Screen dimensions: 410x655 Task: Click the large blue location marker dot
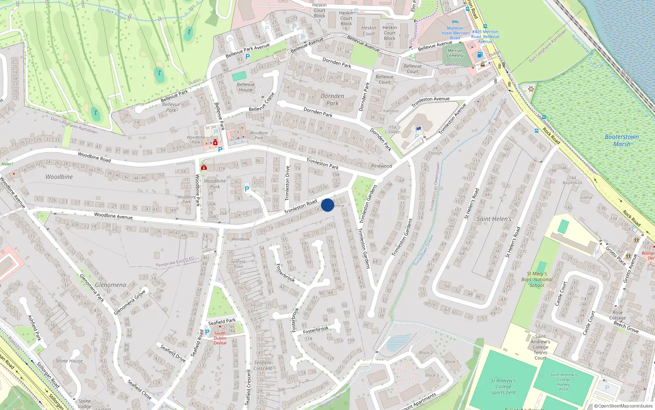coord(327,205)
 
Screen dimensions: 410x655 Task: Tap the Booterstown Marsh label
coord(621,140)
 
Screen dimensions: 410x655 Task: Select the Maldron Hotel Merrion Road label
coord(455,33)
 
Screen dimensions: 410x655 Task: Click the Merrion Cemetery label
coord(455,53)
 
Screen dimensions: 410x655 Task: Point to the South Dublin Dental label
coord(220,338)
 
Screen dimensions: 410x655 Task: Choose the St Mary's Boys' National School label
coord(540,279)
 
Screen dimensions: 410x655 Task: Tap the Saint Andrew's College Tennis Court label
coord(540,347)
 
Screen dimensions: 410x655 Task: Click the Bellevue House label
coord(246,87)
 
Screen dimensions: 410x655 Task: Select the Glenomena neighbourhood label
coord(111,285)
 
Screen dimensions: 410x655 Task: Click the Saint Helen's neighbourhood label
coord(494,219)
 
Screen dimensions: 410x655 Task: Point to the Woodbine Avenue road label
coord(113,216)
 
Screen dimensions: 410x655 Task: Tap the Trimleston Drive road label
coord(287,183)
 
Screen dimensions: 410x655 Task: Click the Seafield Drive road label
coord(173,353)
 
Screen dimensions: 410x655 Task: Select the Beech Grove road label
coord(626,327)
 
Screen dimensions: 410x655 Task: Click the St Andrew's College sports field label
coord(503,386)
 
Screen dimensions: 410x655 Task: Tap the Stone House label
coord(69,361)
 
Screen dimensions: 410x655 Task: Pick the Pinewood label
coord(381,166)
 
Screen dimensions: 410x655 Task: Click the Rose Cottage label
coord(617,315)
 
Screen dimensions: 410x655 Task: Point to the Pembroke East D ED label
coord(175,262)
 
